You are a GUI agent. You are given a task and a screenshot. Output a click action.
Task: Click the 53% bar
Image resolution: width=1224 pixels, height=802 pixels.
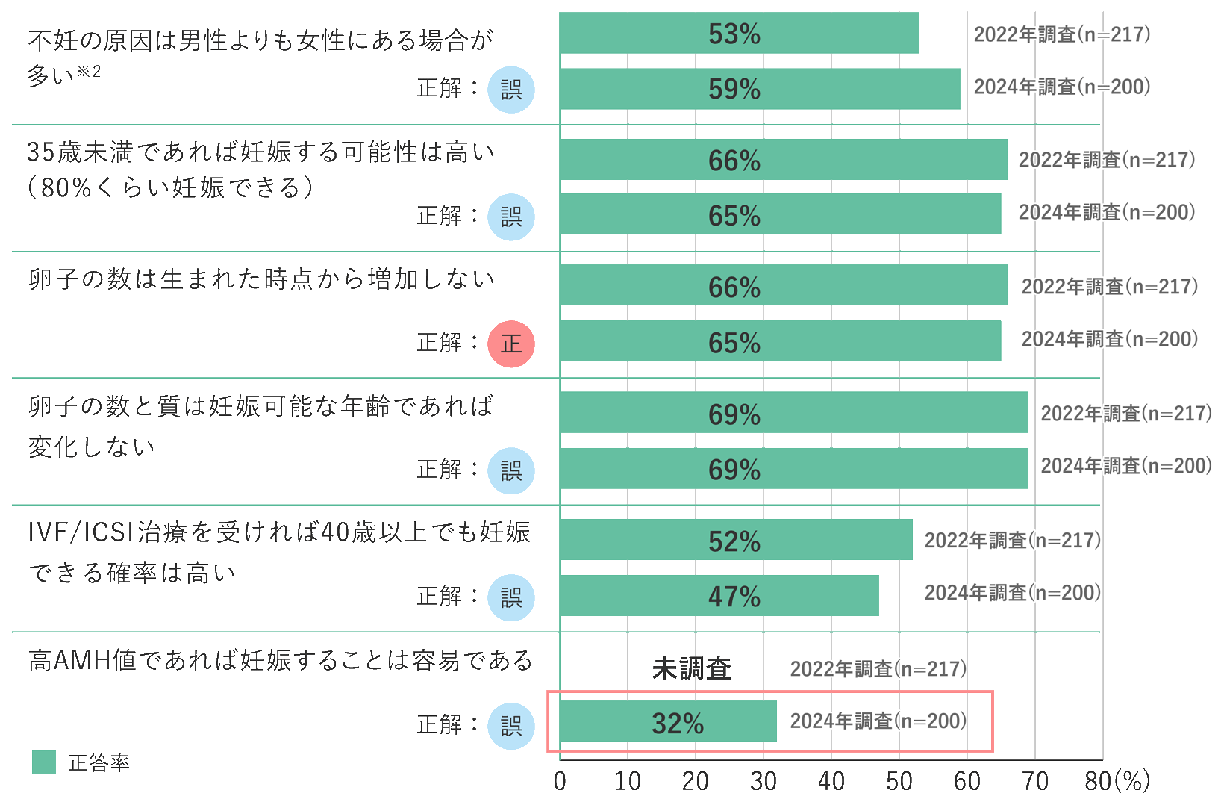739,34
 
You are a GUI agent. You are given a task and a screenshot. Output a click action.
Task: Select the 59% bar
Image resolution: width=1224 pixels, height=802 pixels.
760,89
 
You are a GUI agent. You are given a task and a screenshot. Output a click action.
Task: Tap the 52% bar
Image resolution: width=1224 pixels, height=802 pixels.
736,541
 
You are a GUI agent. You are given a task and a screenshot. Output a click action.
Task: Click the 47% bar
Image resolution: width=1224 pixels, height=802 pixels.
719,596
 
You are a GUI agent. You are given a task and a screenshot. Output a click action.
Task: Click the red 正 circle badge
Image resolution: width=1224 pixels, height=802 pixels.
511,344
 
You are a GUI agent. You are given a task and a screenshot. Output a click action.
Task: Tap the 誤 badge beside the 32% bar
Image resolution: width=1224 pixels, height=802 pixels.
511,726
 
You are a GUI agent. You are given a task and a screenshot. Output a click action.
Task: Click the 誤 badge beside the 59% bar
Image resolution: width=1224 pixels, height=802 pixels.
511,90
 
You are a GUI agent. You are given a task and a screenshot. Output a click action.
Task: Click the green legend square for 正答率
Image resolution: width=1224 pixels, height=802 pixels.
44,762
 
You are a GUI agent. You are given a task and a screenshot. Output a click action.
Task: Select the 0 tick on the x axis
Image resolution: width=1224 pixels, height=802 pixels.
560,781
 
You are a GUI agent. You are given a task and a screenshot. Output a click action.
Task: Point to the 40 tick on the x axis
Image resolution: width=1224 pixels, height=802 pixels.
831,781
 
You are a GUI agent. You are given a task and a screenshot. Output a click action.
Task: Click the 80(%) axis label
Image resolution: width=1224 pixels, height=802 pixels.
1117,781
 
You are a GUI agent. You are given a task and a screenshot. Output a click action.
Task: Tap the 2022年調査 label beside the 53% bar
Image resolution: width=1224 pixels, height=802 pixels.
1061,34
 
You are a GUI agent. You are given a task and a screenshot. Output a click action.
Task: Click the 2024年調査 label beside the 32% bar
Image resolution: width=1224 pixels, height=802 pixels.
878,721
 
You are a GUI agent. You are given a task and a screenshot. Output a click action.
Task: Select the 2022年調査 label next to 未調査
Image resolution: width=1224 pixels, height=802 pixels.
878,668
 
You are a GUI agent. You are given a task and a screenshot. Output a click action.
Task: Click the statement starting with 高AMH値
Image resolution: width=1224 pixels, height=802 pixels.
281,661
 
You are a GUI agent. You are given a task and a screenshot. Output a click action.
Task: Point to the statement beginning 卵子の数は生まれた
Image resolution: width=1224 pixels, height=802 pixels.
261,279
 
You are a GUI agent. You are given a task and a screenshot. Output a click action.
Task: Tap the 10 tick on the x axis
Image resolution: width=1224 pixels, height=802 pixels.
628,781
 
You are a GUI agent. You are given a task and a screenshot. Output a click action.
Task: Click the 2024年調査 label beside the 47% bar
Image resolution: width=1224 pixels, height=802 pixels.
1013,593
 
